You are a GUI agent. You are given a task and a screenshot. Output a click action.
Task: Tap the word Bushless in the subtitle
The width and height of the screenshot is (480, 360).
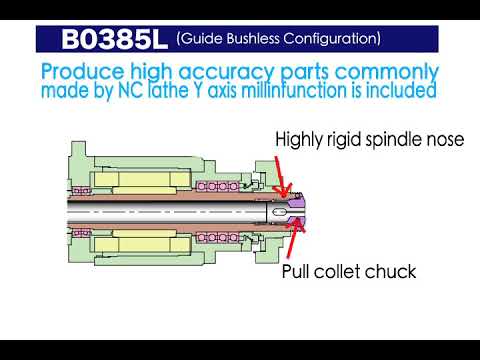pos(257,39)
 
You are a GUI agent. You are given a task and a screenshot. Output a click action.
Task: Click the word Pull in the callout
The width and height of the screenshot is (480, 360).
pos(298,270)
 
